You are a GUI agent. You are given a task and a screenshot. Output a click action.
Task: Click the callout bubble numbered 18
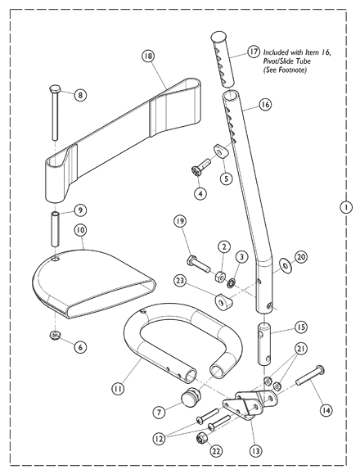coord(148,56)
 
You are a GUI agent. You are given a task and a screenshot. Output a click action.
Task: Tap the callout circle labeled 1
coord(346,207)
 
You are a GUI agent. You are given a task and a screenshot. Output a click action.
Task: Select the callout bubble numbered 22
coord(216,452)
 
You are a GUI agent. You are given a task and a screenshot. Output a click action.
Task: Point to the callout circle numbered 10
coord(80,230)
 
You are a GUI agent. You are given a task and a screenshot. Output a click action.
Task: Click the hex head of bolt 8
coord(55,89)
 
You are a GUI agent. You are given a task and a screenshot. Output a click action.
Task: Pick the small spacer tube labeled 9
coord(56,229)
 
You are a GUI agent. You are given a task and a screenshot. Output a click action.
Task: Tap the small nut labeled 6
coord(56,336)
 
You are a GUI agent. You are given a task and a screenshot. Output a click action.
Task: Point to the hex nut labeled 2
coord(219,275)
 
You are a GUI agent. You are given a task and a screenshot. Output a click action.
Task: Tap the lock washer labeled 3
coord(231,283)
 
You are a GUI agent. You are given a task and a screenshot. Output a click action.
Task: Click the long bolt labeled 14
coord(310,376)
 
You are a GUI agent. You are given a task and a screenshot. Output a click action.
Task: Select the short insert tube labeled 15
coord(264,343)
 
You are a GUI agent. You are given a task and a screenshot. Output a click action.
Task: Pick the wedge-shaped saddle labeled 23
coord(224,302)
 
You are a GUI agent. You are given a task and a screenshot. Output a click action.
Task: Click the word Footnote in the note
coord(294,70)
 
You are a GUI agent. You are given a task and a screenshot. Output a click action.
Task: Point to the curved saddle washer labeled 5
coord(221,151)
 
